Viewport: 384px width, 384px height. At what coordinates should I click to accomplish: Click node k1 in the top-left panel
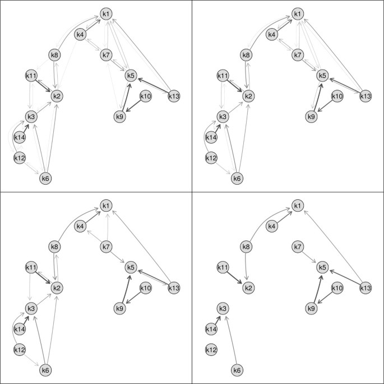tap(107, 13)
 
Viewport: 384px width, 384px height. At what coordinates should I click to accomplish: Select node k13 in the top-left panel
tap(174, 96)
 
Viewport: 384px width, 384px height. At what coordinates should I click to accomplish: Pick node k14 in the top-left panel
tap(20, 137)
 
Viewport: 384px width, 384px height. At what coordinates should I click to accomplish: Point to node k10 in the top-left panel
tap(145, 96)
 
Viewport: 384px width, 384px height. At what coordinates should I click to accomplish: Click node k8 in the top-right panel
tap(246, 54)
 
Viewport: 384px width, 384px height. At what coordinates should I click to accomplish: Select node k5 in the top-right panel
tap(322, 75)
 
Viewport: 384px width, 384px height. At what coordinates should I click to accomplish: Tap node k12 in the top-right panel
tap(211, 158)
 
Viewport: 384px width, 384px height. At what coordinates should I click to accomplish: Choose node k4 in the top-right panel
tap(272, 35)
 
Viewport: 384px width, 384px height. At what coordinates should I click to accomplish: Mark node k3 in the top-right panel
tap(223, 116)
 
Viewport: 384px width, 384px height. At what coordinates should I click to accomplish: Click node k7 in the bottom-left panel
tap(107, 246)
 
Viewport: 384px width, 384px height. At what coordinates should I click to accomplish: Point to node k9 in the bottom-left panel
tap(119, 308)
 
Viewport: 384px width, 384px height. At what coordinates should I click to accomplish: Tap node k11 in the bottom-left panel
tap(31, 267)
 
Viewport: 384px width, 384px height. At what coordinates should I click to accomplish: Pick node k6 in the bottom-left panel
tap(45, 370)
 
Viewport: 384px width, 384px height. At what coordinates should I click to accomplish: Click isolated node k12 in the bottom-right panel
tap(211, 350)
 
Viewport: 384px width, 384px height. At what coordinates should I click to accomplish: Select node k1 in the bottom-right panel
tap(298, 205)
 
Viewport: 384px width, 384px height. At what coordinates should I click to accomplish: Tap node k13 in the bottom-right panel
tap(365, 288)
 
